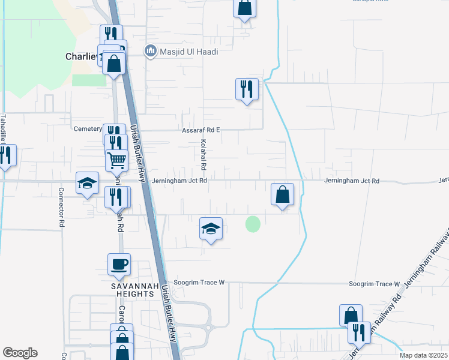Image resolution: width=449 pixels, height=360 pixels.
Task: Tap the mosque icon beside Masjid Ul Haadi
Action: (x=151, y=52)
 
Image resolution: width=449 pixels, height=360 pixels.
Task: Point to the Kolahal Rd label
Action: (x=203, y=154)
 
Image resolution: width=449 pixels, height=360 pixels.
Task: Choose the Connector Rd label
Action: (x=61, y=206)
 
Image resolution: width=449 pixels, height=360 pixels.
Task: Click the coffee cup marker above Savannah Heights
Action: (x=119, y=264)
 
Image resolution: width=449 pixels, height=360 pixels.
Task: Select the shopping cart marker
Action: (x=116, y=160)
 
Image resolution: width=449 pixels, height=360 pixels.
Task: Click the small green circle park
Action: (x=253, y=224)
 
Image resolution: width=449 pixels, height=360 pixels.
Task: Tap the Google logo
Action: (x=20, y=353)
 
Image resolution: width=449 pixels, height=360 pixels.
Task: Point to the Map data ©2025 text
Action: (x=423, y=355)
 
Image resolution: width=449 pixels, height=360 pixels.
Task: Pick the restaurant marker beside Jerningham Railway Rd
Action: (x=359, y=332)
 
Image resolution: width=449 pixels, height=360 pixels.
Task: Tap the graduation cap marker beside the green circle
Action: (x=211, y=229)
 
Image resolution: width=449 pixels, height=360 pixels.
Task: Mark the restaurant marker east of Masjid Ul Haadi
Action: (x=247, y=89)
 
